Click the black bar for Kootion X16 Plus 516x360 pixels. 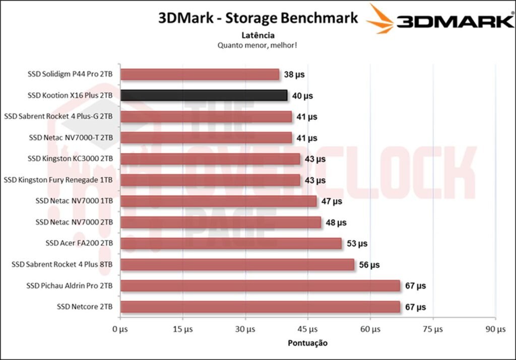click(204, 96)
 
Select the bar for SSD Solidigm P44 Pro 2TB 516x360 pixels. click(200, 75)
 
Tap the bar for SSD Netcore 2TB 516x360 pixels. click(260, 307)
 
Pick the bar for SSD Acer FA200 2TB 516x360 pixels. click(231, 244)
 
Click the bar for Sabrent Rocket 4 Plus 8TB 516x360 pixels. click(237, 265)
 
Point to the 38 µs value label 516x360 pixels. click(294, 75)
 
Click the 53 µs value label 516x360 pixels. click(357, 244)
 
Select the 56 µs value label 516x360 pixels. click(369, 265)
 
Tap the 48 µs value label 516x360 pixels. click(336, 223)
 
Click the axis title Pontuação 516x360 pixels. click(307, 343)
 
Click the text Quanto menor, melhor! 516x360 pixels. click(257, 45)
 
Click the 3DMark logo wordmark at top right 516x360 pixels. click(454, 21)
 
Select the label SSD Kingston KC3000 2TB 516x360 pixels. click(70, 159)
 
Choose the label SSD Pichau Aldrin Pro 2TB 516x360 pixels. click(70, 286)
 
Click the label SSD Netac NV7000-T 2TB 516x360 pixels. click(71, 137)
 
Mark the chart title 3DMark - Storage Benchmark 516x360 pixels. click(258, 18)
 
